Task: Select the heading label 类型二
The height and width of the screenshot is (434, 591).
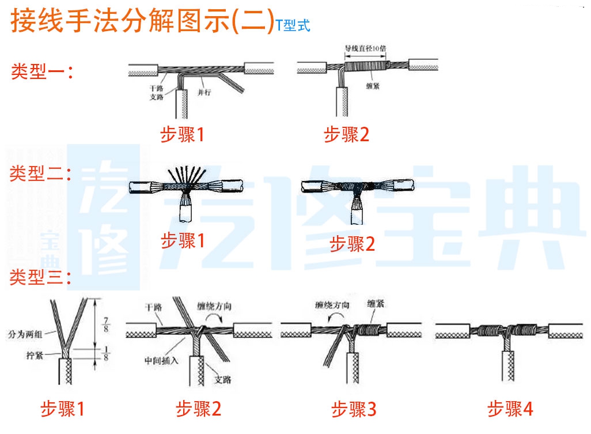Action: tap(40, 175)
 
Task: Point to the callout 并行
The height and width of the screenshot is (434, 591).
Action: tap(204, 92)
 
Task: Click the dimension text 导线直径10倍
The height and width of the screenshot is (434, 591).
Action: tap(367, 50)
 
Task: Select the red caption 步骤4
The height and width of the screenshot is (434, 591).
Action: tap(510, 410)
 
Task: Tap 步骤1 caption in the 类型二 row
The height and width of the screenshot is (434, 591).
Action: tap(183, 240)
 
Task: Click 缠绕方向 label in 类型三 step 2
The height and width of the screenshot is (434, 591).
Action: tap(213, 306)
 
